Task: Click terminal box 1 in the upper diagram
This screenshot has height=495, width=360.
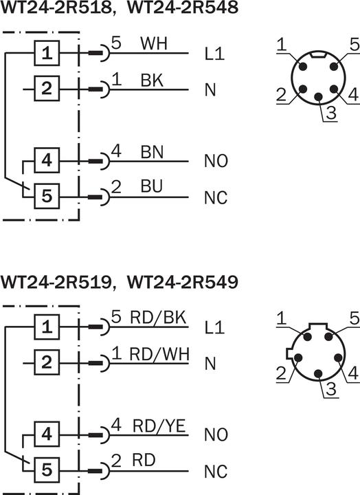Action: pyautogui.click(x=46, y=53)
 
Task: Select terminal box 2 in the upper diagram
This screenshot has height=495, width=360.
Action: pyautogui.click(x=46, y=89)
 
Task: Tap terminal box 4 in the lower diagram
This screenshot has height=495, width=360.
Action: pyautogui.click(x=46, y=434)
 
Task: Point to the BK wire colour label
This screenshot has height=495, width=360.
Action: pyautogui.click(x=151, y=80)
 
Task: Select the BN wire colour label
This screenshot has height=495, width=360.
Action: pyautogui.click(x=152, y=152)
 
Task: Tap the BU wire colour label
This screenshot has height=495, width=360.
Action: pyautogui.click(x=151, y=188)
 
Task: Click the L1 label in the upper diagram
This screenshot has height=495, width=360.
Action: pyautogui.click(x=214, y=54)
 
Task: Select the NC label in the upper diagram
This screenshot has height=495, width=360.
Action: pyautogui.click(x=215, y=199)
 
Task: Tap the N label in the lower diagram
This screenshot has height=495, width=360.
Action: pyautogui.click(x=210, y=363)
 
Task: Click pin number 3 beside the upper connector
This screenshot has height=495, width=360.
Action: pyautogui.click(x=330, y=114)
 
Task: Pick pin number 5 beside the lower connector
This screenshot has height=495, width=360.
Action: pyautogui.click(x=354, y=318)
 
